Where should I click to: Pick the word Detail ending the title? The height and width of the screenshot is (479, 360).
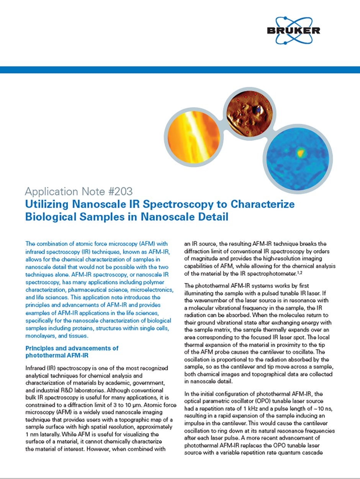(x=212, y=217)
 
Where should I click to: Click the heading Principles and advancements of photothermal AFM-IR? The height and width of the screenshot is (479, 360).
(x=72, y=352)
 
